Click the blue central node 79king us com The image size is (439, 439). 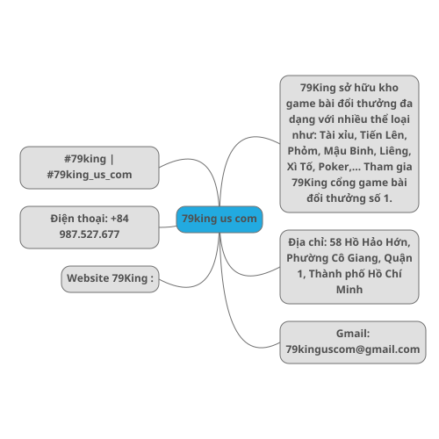click(219, 219)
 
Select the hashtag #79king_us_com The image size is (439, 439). click(90, 175)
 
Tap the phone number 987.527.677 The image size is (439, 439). click(90, 234)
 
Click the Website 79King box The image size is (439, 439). click(110, 279)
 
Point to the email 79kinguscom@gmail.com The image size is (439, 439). click(353, 349)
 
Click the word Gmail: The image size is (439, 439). click(353, 334)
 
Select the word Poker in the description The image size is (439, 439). click(334, 167)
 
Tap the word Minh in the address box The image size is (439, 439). click(349, 290)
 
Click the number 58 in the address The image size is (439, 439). click(335, 242)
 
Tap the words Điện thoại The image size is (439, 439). click(78, 219)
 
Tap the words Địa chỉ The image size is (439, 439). click(307, 242)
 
